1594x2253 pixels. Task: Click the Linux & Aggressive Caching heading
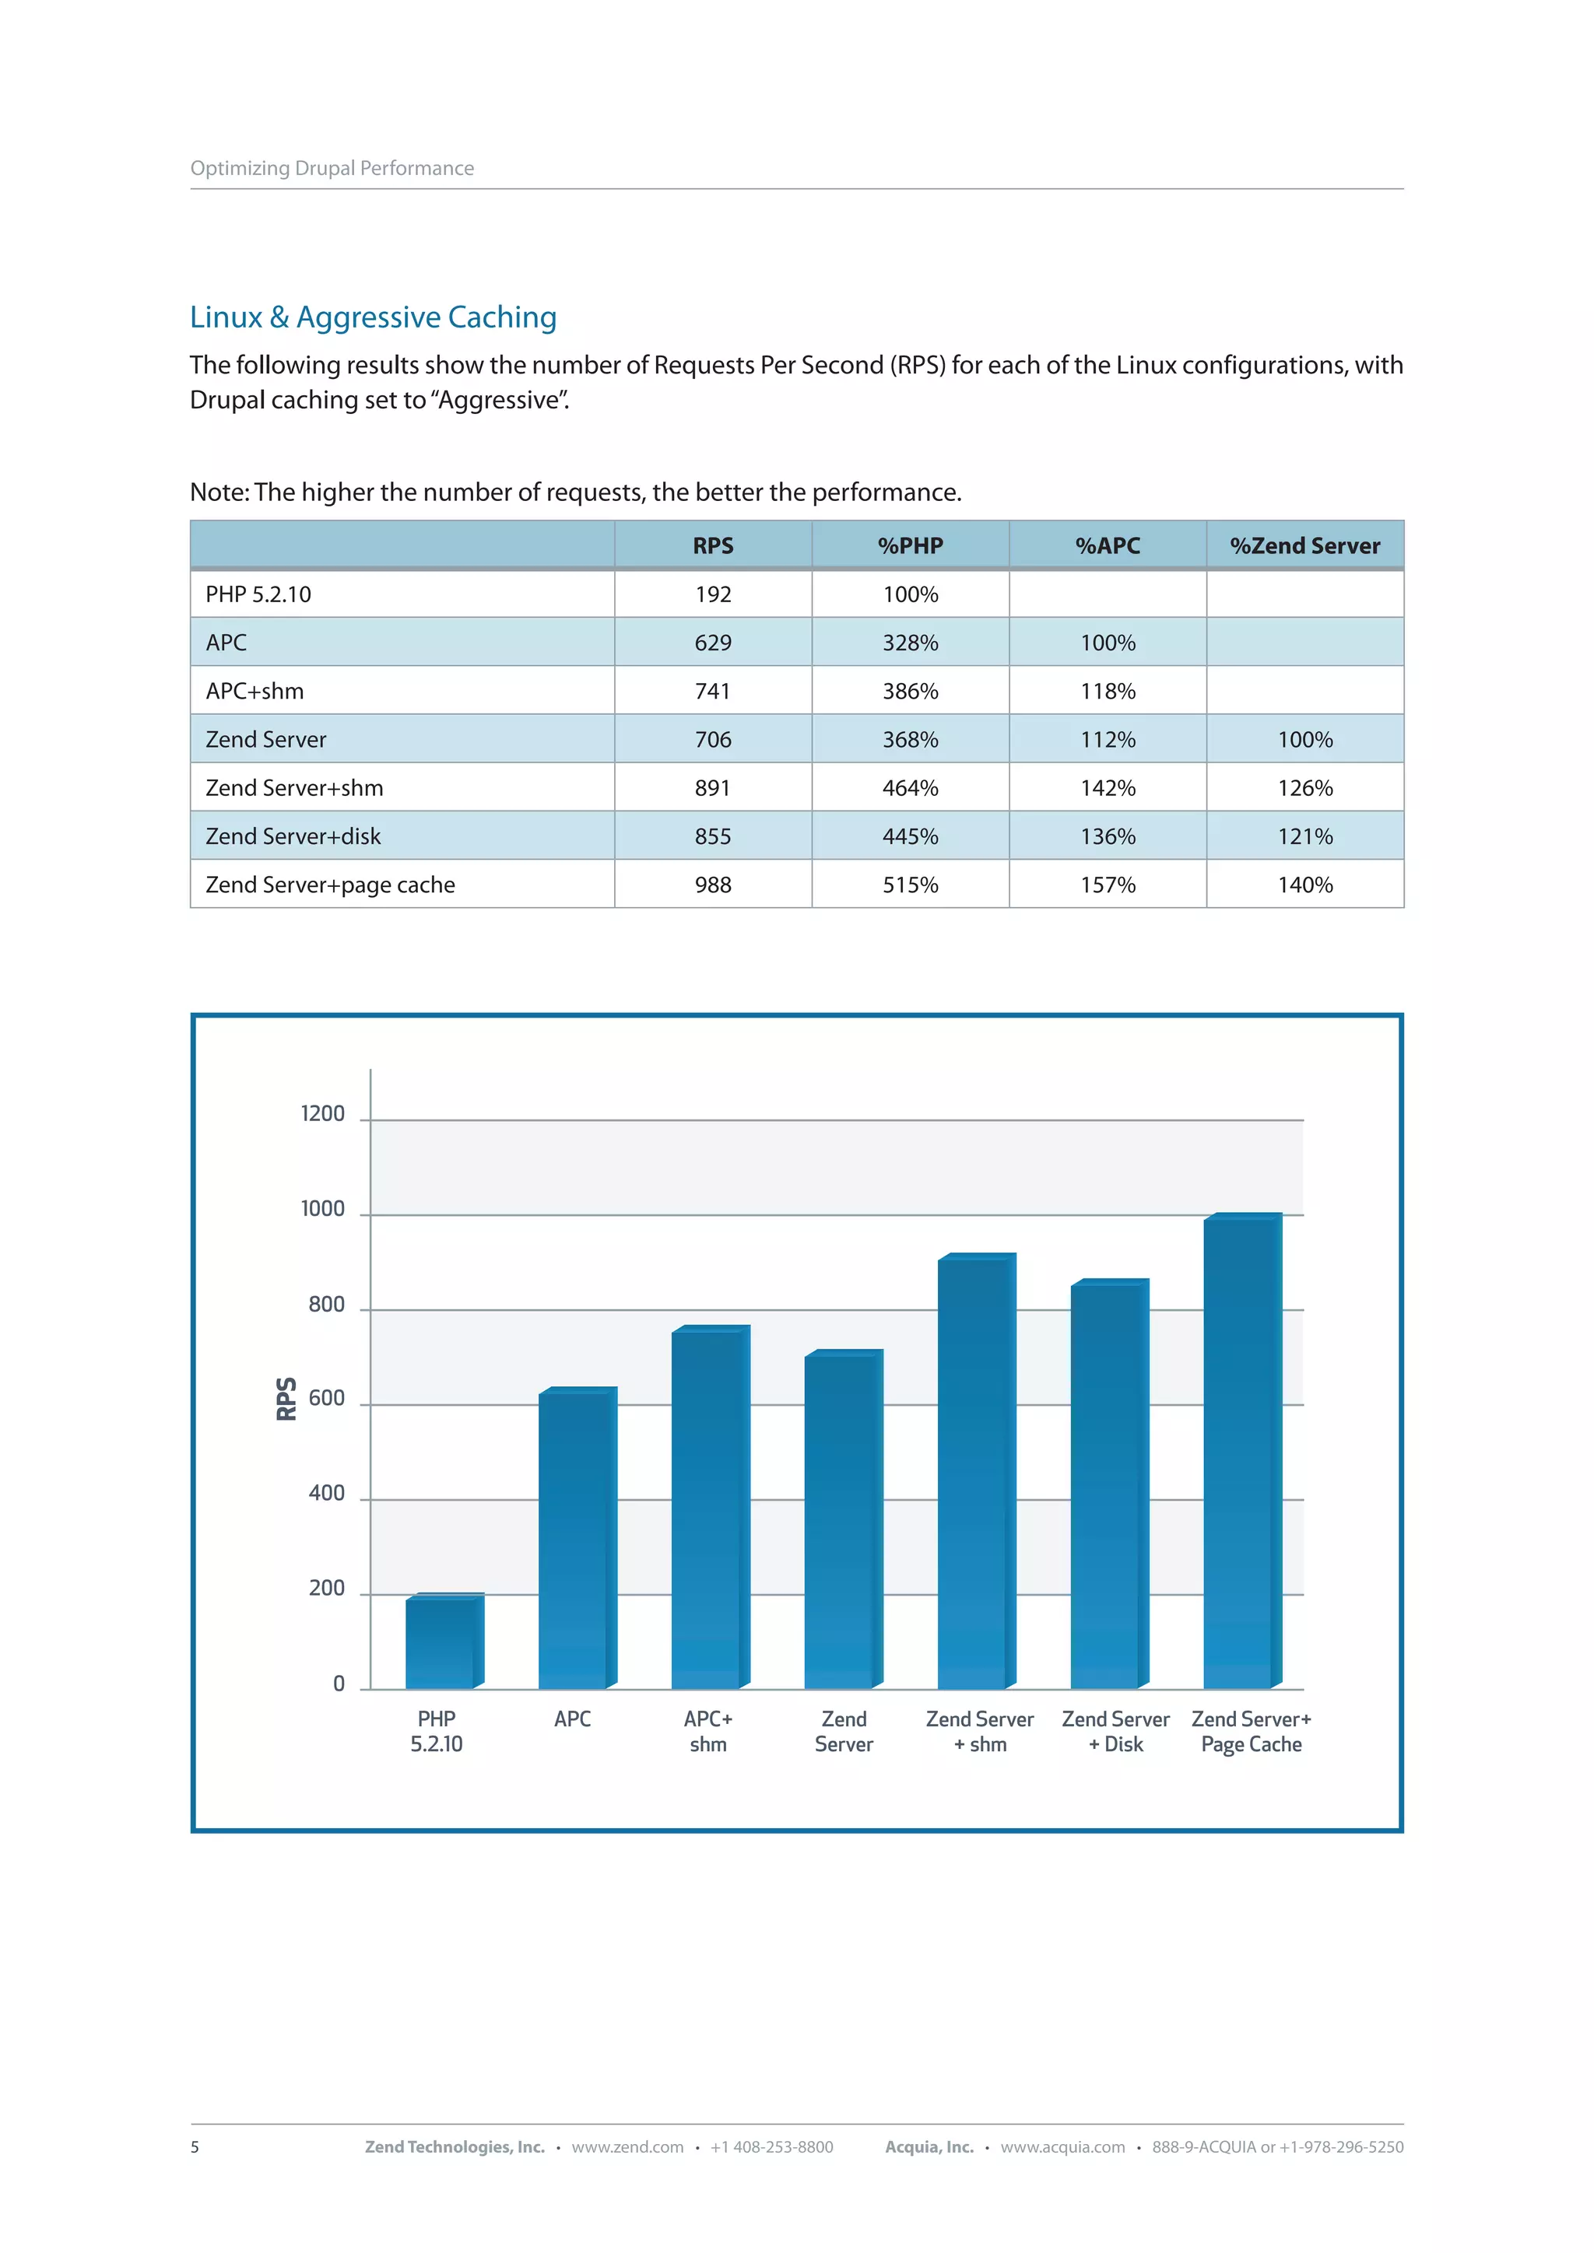click(x=373, y=317)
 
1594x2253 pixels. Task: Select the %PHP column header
click(x=910, y=545)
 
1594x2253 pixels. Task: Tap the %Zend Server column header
click(x=1304, y=545)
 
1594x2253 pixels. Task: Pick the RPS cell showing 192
click(x=713, y=594)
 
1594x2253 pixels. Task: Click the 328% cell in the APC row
click(x=910, y=643)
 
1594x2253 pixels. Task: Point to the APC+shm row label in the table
click(x=255, y=691)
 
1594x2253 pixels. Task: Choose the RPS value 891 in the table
click(x=713, y=788)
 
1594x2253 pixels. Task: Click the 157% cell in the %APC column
click(x=1108, y=885)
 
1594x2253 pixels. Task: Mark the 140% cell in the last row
click(x=1304, y=885)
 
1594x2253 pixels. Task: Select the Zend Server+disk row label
click(x=293, y=836)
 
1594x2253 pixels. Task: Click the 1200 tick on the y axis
click(x=323, y=1114)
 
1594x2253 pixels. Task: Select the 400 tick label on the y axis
click(x=326, y=1494)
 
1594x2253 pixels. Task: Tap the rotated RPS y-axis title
click(x=286, y=1398)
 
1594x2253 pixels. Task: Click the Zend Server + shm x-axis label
click(x=980, y=1731)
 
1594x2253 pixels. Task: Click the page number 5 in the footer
click(x=195, y=2147)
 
